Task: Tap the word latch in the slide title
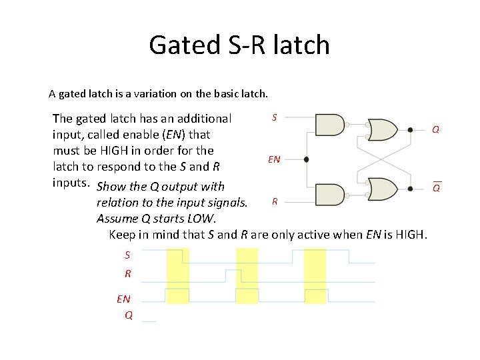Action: (x=301, y=45)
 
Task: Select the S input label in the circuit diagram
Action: (x=274, y=117)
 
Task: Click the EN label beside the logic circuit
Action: (x=274, y=159)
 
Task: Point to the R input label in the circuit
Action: (x=274, y=201)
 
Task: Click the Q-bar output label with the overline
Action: (x=436, y=187)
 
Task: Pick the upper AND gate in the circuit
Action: (x=329, y=124)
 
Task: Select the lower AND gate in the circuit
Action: (x=329, y=194)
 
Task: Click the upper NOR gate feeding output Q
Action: (x=383, y=128)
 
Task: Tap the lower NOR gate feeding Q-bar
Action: (x=383, y=189)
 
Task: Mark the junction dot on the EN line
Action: (x=306, y=160)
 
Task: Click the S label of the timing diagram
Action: (x=127, y=255)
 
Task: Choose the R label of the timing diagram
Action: (x=127, y=273)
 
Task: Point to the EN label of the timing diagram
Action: (x=124, y=299)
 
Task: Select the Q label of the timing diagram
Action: (x=129, y=315)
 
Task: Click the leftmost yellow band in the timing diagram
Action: (x=178, y=275)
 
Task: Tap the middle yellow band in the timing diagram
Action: (x=247, y=275)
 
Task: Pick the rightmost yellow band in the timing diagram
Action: (x=315, y=275)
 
